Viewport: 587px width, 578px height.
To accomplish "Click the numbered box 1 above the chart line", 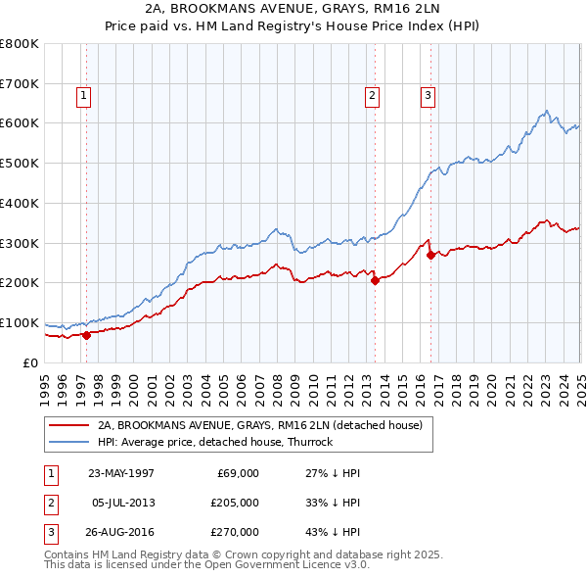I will [84, 96].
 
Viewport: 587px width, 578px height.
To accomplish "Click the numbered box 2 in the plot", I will [373, 96].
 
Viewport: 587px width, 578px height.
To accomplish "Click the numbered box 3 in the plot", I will [429, 96].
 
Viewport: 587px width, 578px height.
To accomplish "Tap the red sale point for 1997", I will [86, 335].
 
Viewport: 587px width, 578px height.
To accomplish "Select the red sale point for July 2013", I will [375, 280].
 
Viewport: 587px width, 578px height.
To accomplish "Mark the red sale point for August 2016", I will [431, 255].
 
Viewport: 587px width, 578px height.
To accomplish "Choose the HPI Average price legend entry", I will [215, 442].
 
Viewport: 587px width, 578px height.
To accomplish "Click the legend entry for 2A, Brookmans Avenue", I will [259, 425].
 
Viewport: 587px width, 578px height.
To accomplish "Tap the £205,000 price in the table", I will [234, 503].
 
